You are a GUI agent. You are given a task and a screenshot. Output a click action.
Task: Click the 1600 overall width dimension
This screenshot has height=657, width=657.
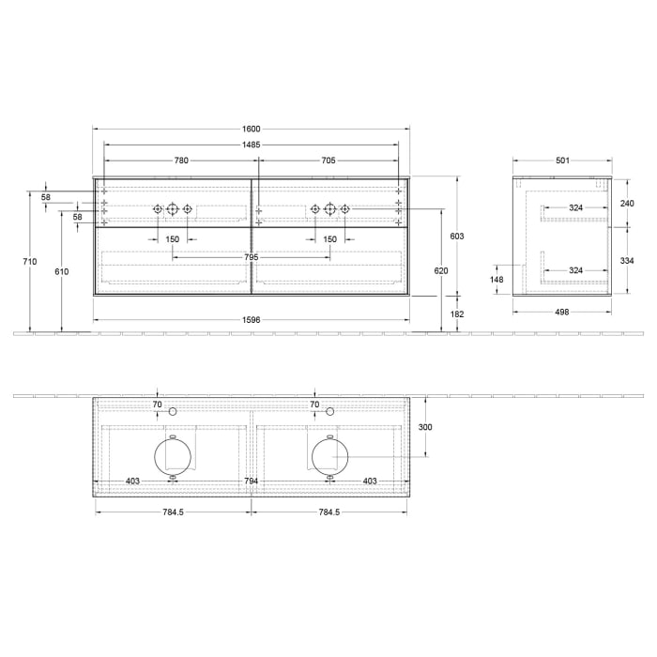(x=251, y=129)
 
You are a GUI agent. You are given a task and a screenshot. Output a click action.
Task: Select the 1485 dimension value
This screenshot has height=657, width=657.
(x=251, y=145)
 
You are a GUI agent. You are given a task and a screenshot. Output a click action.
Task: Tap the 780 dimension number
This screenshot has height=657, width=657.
(x=181, y=160)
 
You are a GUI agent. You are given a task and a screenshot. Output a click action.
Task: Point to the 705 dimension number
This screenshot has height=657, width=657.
(x=328, y=160)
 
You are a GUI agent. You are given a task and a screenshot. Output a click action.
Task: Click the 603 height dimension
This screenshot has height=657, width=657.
(x=457, y=236)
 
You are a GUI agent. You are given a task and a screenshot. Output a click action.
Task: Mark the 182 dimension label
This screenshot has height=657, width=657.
(x=457, y=314)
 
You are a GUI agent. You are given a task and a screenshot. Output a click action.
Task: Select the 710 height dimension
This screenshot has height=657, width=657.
(x=32, y=262)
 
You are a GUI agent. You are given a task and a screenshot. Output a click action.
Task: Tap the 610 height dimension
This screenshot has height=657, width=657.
(x=62, y=270)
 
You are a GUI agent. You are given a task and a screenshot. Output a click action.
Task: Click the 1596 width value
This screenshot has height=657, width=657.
(x=251, y=319)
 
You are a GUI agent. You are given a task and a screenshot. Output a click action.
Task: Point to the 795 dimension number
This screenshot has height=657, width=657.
(x=251, y=257)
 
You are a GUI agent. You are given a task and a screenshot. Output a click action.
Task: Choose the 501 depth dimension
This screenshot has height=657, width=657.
(x=562, y=160)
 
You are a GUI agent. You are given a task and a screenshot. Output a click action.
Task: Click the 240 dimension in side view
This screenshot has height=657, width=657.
(x=628, y=202)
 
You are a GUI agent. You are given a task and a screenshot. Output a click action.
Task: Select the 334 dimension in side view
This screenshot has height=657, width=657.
(x=628, y=260)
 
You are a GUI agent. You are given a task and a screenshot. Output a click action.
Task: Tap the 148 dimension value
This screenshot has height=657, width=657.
(x=497, y=279)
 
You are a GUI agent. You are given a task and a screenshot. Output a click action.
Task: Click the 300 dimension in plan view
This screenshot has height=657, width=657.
(x=425, y=427)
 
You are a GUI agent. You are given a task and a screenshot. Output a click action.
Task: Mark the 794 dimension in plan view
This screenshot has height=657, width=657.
(x=251, y=481)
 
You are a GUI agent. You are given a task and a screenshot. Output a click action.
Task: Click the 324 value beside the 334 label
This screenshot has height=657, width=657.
(x=576, y=270)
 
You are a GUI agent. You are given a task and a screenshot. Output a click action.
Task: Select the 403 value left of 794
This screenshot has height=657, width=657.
(x=133, y=481)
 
